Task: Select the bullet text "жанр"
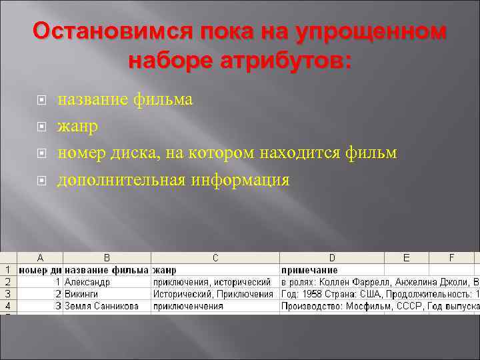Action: pos(78,126)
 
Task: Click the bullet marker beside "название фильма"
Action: pos(42,101)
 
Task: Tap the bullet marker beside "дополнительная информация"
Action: pos(42,180)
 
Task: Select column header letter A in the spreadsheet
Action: pos(40,258)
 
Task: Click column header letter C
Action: pos(215,258)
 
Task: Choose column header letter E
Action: pos(407,258)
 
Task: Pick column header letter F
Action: pos(451,258)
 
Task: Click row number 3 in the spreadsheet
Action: pos(8,294)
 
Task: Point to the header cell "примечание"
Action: pos(309,270)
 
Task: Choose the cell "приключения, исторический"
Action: pos(212,282)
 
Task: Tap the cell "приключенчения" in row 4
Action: pos(189,306)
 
